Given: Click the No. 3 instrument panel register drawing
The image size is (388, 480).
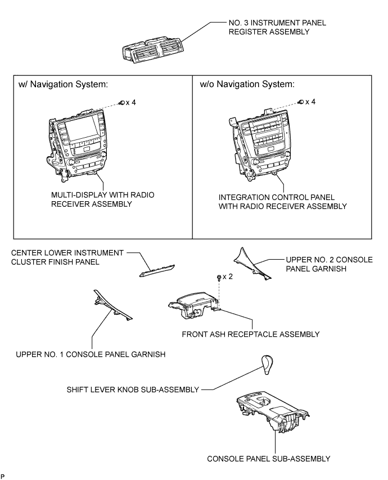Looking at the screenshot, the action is pos(152,51).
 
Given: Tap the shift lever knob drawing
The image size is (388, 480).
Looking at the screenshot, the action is pos(267,365).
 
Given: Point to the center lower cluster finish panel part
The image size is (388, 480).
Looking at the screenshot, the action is pos(157,270).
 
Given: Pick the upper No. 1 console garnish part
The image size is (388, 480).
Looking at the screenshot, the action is pos(112,306).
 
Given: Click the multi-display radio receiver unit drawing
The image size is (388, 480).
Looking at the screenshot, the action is pos(77,145).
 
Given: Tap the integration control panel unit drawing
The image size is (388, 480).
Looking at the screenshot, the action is pos(260,143).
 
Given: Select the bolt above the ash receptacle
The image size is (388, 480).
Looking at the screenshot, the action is pos(219,277).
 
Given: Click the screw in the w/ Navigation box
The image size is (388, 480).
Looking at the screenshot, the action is pos(122,102).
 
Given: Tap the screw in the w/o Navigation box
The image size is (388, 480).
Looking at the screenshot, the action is pos(301,102).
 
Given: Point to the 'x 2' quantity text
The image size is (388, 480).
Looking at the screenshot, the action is pos(228,277).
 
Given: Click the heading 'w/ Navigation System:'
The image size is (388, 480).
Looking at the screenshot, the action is pos(63,84).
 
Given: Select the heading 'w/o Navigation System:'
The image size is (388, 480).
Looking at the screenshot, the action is pos(247,84).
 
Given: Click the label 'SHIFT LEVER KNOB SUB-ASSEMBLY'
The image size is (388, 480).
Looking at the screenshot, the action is pos(133,390).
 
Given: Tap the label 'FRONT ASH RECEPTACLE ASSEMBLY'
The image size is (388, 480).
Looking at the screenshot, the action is pos(250,334).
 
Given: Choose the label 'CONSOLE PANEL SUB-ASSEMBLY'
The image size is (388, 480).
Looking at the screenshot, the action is pos(269,459).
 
